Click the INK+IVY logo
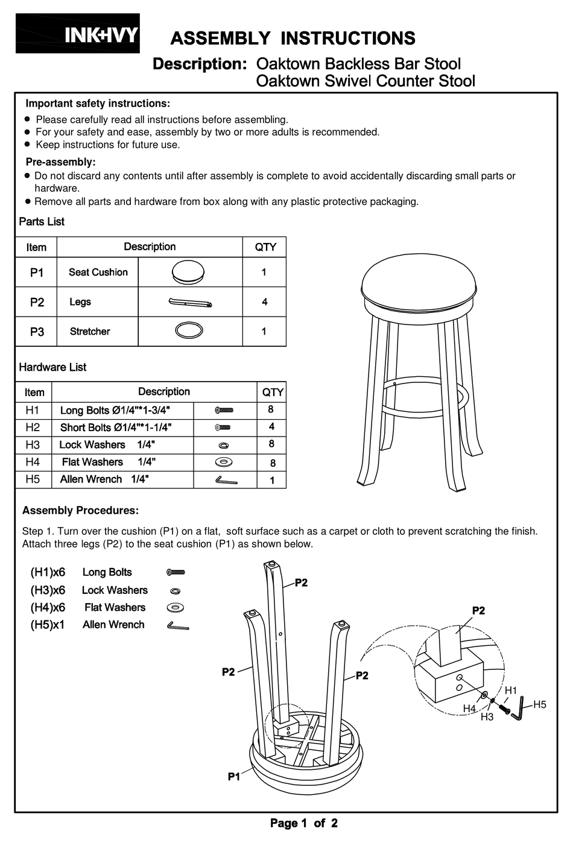pyautogui.click(x=78, y=34)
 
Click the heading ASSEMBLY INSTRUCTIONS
pyautogui.click(x=293, y=39)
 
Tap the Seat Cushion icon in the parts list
pyautogui.click(x=188, y=273)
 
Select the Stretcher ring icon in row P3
pyautogui.click(x=189, y=330)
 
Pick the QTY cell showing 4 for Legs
pyautogui.click(x=264, y=302)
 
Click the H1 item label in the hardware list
pyautogui.click(x=33, y=411)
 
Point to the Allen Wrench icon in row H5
pyautogui.click(x=226, y=480)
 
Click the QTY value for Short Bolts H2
pyautogui.click(x=271, y=427)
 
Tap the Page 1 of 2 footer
pyautogui.click(x=303, y=823)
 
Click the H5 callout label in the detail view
pyautogui.click(x=539, y=704)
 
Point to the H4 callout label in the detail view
pyautogui.click(x=469, y=709)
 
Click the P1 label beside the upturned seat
pyautogui.click(x=234, y=777)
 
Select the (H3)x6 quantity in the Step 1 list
pyautogui.click(x=48, y=590)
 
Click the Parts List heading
pyautogui.click(x=42, y=222)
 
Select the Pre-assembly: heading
pyautogui.click(x=60, y=162)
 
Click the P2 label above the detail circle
pyautogui.click(x=478, y=611)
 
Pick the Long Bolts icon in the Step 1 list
pyautogui.click(x=176, y=572)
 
